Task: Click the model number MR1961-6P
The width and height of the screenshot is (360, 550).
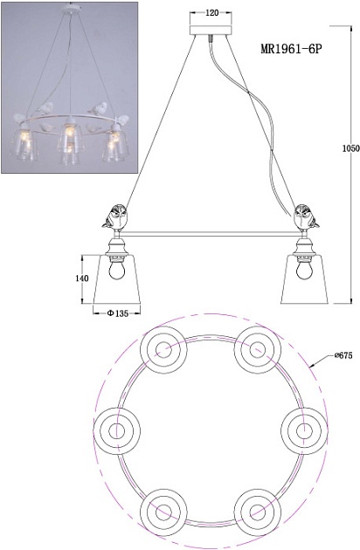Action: (291, 49)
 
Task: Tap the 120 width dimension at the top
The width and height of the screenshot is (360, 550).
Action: (211, 12)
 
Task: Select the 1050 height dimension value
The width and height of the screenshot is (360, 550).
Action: (351, 148)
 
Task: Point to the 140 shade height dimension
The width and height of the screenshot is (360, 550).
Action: (82, 278)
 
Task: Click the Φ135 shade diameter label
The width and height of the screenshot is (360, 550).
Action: (118, 313)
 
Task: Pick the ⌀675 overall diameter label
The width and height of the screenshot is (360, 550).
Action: (343, 355)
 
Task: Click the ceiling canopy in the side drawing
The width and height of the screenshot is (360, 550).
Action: (211, 30)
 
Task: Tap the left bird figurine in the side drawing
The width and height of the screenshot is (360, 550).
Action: (114, 217)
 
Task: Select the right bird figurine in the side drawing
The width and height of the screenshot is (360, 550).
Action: (307, 217)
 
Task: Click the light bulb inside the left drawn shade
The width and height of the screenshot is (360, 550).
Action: (117, 270)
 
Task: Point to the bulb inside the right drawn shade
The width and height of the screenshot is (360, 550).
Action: (304, 270)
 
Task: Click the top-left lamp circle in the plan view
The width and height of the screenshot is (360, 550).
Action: (163, 350)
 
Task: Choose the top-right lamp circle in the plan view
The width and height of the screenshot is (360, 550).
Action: (258, 350)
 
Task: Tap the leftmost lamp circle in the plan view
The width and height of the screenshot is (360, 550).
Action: (117, 430)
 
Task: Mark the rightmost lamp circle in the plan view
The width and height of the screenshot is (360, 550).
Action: (304, 430)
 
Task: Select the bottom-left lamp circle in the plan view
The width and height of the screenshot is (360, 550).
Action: (163, 512)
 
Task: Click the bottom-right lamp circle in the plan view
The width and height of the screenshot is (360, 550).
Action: (258, 512)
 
